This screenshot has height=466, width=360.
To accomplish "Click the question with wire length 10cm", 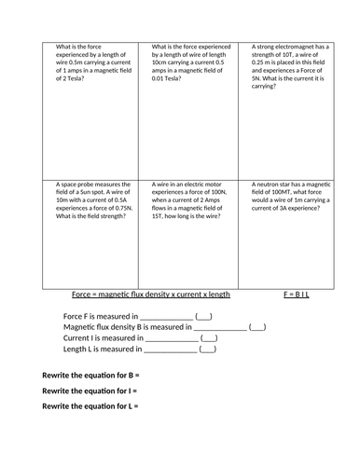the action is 192,65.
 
